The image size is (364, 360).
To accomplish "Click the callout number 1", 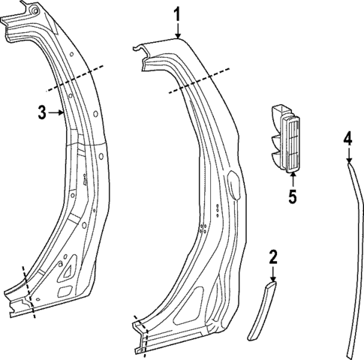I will (x=177, y=13).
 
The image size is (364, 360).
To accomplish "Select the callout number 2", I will (x=273, y=257).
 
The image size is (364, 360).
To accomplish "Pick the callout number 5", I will (x=293, y=197).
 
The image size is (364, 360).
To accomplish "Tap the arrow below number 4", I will (x=349, y=155).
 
